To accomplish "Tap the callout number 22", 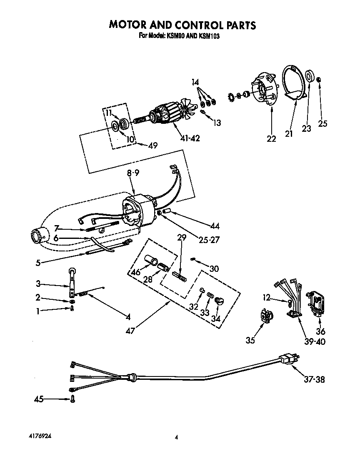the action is [271, 139].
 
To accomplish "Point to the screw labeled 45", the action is [72, 399].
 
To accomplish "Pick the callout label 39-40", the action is [315, 341].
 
